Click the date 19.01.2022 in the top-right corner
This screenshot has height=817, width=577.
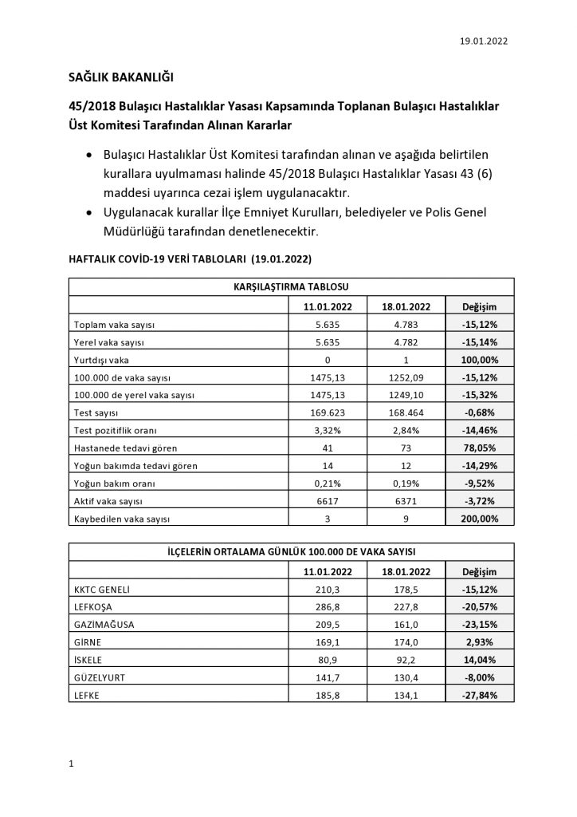click(x=484, y=41)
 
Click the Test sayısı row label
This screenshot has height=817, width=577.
click(x=96, y=413)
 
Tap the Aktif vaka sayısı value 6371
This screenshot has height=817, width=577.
click(x=406, y=501)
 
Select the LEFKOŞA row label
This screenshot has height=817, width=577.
click(x=95, y=607)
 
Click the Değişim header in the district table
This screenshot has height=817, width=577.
click(x=480, y=571)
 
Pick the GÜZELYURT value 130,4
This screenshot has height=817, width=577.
click(x=406, y=677)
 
